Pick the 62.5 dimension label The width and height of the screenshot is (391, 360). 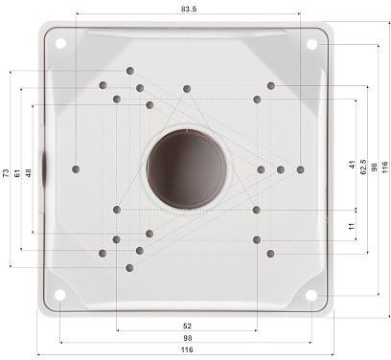[x=362, y=166]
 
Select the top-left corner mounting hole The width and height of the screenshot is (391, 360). [x=60, y=43]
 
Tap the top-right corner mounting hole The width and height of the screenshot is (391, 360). [x=311, y=44]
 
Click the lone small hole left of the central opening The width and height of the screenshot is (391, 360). [x=77, y=169]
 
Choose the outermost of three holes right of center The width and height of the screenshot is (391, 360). [x=300, y=169]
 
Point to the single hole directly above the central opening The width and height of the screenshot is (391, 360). [x=187, y=89]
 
